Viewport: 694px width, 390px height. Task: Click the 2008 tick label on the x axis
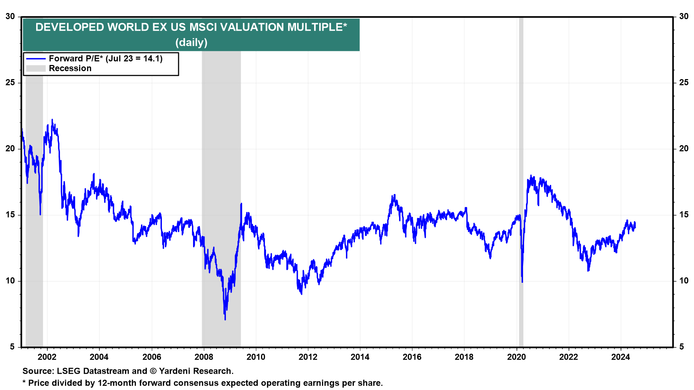point(204,357)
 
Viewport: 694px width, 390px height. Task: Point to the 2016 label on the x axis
point(412,357)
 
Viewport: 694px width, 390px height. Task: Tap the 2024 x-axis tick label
point(621,357)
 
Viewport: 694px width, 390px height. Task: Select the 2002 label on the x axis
point(47,357)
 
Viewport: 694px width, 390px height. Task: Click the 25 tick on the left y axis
point(10,83)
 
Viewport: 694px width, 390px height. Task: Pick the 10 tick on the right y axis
point(684,281)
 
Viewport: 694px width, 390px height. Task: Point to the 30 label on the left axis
point(10,17)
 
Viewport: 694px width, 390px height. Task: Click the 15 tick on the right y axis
point(684,215)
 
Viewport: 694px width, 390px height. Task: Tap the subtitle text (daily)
point(191,43)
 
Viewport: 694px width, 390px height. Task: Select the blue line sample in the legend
point(36,59)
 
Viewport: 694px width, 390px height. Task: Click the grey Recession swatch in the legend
point(36,69)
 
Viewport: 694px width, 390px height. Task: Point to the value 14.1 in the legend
point(153,59)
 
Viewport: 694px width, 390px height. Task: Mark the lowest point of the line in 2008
point(225,320)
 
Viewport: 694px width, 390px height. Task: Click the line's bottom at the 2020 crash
point(522,282)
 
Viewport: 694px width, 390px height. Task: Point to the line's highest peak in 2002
point(52,120)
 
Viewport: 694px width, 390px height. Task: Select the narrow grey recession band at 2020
point(521,181)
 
